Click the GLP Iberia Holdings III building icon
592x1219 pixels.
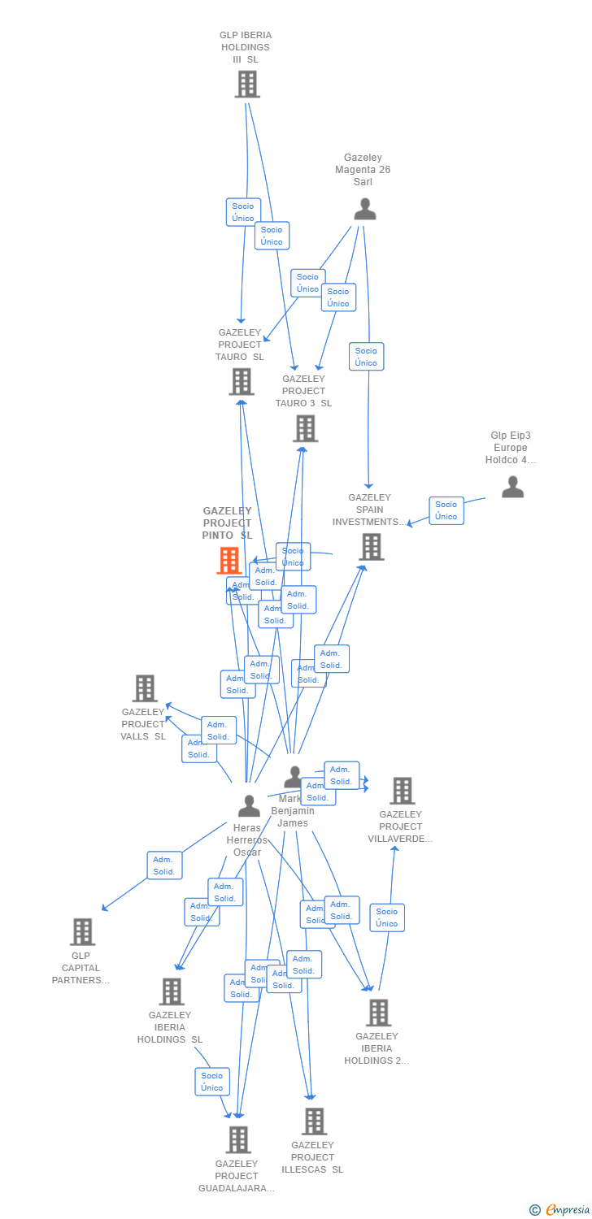(247, 84)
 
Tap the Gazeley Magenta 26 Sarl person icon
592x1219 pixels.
(365, 209)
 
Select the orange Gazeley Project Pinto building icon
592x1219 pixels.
(229, 561)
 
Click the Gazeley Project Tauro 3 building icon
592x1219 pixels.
(305, 428)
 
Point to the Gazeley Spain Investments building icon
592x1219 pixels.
(372, 547)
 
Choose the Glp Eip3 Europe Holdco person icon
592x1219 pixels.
(512, 487)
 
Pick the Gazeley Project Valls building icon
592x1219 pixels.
(144, 688)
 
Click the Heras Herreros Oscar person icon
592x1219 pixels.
(249, 805)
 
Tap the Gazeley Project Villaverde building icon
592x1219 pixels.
(402, 791)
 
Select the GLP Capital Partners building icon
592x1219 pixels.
(82, 932)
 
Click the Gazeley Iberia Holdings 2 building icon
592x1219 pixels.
(378, 1013)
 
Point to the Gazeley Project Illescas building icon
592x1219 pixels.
(314, 1121)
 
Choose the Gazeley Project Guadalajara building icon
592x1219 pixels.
(237, 1140)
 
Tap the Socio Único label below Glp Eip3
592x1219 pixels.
(446, 510)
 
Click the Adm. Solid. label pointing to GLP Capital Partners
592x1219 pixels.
(164, 865)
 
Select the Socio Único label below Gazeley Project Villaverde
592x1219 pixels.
(387, 918)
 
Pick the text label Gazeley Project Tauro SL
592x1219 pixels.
(240, 345)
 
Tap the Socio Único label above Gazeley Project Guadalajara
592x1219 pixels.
(212, 1082)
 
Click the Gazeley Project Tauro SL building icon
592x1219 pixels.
(242, 381)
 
